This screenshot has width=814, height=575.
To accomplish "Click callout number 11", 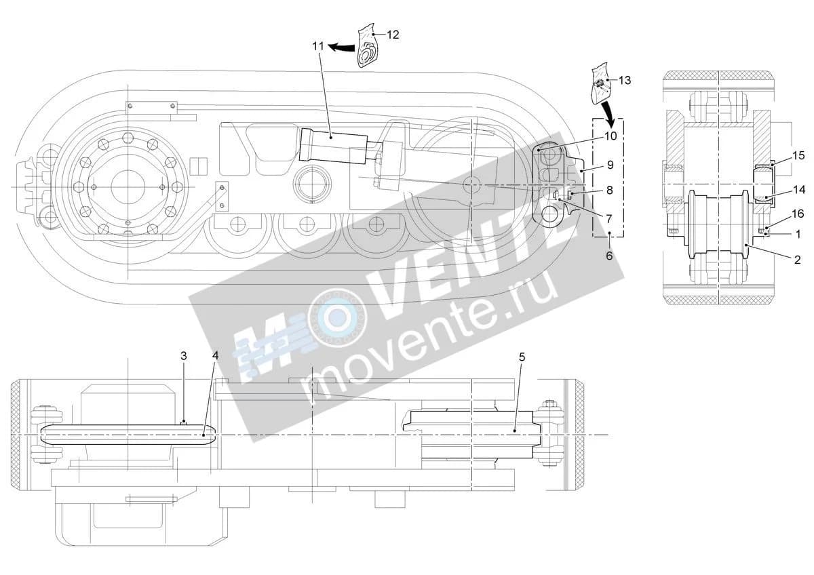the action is (318, 47).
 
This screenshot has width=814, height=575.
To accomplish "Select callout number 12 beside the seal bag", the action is (393, 35).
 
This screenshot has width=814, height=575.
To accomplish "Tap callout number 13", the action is (625, 80).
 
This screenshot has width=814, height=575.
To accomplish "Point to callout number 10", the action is (611, 136).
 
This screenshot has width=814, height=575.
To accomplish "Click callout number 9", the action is (610, 165).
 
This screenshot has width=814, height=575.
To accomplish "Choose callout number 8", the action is (609, 190).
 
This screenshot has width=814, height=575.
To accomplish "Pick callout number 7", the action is (609, 218).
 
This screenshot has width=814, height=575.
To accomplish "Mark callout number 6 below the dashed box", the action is (609, 256).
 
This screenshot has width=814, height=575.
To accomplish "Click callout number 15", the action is (799, 155).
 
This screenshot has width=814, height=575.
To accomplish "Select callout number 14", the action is (799, 189).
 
